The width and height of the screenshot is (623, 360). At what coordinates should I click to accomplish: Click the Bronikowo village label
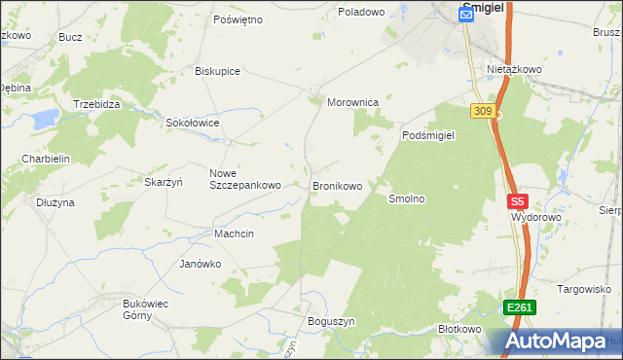337,185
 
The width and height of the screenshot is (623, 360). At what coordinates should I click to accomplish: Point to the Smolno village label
407,198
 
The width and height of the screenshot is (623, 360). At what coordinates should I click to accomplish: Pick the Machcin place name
234,234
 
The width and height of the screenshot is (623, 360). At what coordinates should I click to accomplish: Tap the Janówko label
201,264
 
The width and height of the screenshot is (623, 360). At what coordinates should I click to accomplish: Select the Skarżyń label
165,182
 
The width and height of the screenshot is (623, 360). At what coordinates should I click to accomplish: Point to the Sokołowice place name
192,124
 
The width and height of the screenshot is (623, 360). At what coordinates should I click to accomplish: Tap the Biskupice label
217,71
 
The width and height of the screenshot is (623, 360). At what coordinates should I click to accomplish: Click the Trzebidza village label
96,104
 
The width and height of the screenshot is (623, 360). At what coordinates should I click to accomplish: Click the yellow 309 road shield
482,111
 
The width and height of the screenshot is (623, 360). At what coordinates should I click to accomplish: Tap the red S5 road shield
517,202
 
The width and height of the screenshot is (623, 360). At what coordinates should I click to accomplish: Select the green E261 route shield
519,307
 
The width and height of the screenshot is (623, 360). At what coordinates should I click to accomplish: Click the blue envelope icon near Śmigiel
465,15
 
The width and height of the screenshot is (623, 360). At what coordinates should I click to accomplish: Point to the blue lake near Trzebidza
44,120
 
